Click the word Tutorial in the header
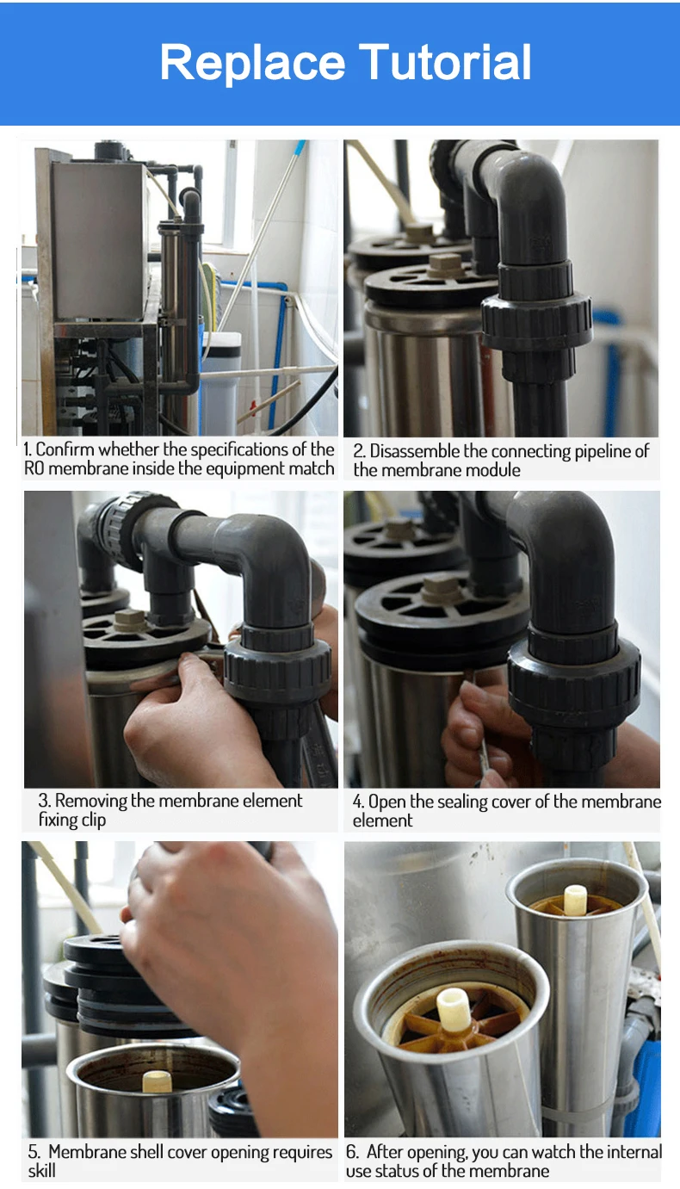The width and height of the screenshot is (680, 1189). pyautogui.click(x=445, y=63)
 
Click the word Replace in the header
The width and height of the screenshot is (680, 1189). pyautogui.click(x=252, y=63)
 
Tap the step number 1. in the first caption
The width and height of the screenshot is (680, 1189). pyautogui.click(x=28, y=449)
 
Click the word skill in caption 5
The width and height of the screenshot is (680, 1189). pyautogui.click(x=41, y=1171)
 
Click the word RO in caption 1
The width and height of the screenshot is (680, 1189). pyautogui.click(x=34, y=469)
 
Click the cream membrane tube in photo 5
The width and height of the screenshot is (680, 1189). pyautogui.click(x=157, y=1081)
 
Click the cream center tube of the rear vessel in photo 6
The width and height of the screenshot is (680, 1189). pyautogui.click(x=575, y=899)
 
